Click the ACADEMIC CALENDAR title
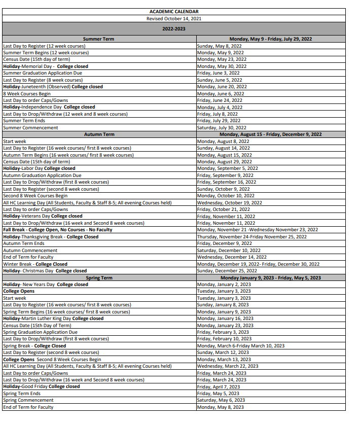click(174, 11)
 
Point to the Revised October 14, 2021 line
click(174, 18)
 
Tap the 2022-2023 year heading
click(174, 29)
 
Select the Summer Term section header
click(98, 39)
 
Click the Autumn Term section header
click(98, 134)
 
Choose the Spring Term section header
click(98, 278)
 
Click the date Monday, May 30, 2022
click(222, 66)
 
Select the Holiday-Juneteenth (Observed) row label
click(53, 87)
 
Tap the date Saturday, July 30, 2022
click(222, 128)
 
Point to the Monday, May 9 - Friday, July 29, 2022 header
click(270, 39)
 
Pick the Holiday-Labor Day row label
click(39, 168)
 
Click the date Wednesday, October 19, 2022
click(229, 202)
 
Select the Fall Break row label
click(57, 230)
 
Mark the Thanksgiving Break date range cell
click(251, 237)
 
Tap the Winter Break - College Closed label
click(35, 264)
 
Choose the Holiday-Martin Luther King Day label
click(53, 319)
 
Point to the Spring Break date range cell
click(240, 346)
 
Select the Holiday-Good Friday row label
click(41, 386)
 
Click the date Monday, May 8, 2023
click(220, 407)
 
